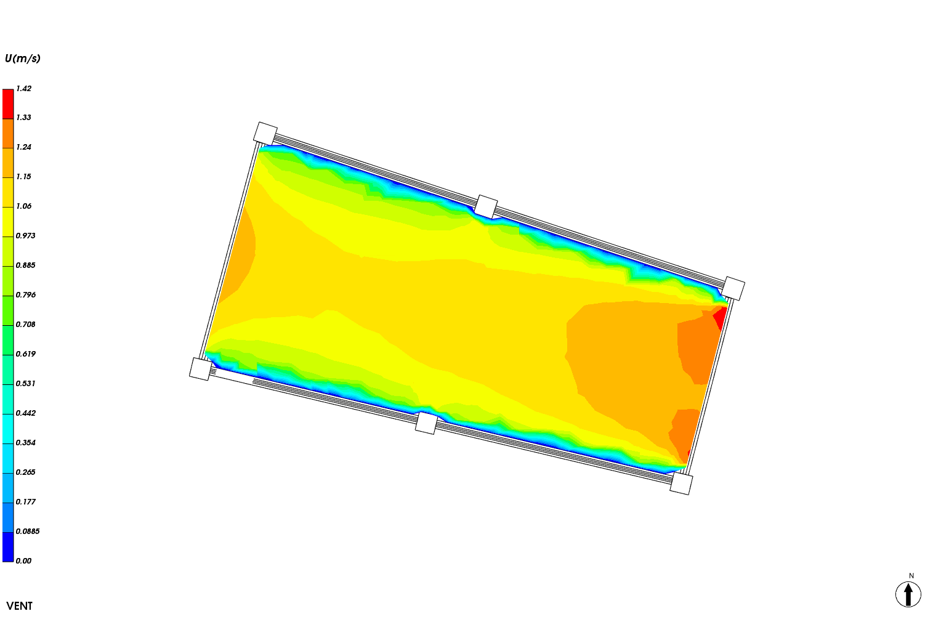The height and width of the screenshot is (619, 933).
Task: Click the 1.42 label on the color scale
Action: tap(24, 88)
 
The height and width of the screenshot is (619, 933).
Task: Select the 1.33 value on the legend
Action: tap(24, 118)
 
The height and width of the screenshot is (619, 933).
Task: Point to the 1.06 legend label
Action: tap(24, 206)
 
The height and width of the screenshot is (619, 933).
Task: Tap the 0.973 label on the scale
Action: tap(26, 236)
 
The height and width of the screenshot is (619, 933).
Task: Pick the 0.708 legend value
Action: tap(26, 325)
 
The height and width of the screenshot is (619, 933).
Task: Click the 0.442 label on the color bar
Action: tap(26, 413)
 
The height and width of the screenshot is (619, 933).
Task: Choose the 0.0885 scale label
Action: tap(28, 532)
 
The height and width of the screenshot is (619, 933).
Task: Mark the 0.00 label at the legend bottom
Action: tap(24, 561)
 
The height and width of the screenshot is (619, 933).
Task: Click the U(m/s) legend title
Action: tap(23, 59)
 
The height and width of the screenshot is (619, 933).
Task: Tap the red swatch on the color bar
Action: tap(8, 104)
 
